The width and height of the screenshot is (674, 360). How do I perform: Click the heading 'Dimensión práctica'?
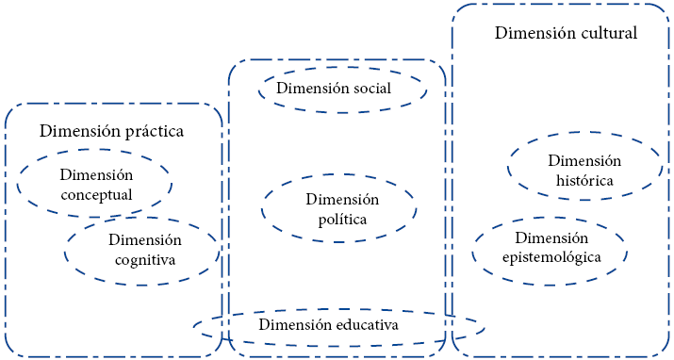(111, 131)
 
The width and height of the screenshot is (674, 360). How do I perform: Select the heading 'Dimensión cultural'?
(566, 33)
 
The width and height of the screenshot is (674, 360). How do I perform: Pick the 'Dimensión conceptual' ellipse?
(94, 184)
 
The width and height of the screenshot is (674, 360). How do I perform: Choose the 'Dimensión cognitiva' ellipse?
(142, 250)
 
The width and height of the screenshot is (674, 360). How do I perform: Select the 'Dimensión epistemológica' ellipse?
(551, 248)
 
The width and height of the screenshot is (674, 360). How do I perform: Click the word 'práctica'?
(153, 132)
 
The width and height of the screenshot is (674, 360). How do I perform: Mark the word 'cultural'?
(606, 33)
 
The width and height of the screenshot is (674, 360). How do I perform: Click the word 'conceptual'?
(96, 195)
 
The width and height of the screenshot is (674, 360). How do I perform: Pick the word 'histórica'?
(584, 180)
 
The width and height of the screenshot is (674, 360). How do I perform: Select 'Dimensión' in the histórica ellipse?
(584, 160)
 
